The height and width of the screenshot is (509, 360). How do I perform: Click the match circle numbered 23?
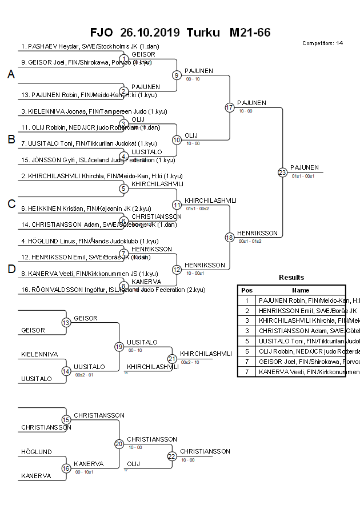[282, 172]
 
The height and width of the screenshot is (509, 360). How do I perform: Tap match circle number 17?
[230, 107]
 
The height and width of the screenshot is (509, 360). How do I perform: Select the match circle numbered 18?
[230, 237]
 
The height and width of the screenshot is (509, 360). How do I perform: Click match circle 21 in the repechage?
[172, 359]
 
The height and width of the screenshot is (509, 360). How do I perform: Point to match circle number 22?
[172, 456]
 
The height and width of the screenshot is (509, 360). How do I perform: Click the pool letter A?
[11, 75]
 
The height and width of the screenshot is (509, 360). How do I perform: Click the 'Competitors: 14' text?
[322, 43]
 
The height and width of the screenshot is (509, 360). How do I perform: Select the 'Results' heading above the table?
[291, 278]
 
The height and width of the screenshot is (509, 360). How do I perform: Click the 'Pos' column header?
[247, 290]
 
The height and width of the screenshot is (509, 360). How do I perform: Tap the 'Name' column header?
[301, 290]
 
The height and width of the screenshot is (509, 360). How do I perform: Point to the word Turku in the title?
[203, 33]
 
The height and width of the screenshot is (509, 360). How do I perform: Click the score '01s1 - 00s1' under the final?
[303, 177]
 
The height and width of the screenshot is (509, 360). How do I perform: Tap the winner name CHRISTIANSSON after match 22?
[205, 451]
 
